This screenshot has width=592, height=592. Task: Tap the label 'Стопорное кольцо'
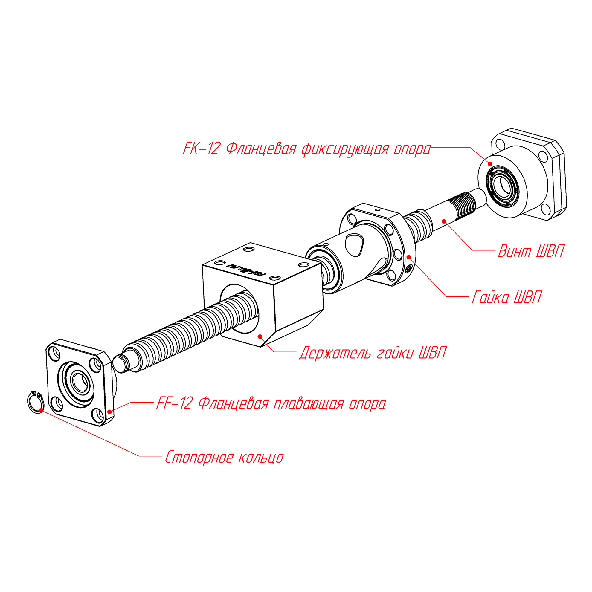[x=224, y=458]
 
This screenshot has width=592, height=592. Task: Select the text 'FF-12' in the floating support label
[x=174, y=403]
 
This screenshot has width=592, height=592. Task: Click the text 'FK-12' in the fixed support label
[x=202, y=149]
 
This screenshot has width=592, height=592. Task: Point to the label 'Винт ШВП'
[x=531, y=251]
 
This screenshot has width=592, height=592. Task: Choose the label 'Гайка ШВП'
[x=507, y=298]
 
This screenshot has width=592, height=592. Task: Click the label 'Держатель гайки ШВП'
[x=373, y=353]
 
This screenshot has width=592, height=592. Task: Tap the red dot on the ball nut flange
[x=408, y=256]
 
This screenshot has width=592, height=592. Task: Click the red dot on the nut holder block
[x=260, y=336]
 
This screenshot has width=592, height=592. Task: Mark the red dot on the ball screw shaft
[x=444, y=221]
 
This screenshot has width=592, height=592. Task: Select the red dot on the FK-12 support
[x=490, y=164]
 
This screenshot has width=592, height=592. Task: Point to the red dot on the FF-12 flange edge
[x=110, y=412]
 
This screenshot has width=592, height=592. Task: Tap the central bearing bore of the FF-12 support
[x=80, y=382]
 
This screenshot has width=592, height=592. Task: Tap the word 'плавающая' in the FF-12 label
[x=309, y=403]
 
